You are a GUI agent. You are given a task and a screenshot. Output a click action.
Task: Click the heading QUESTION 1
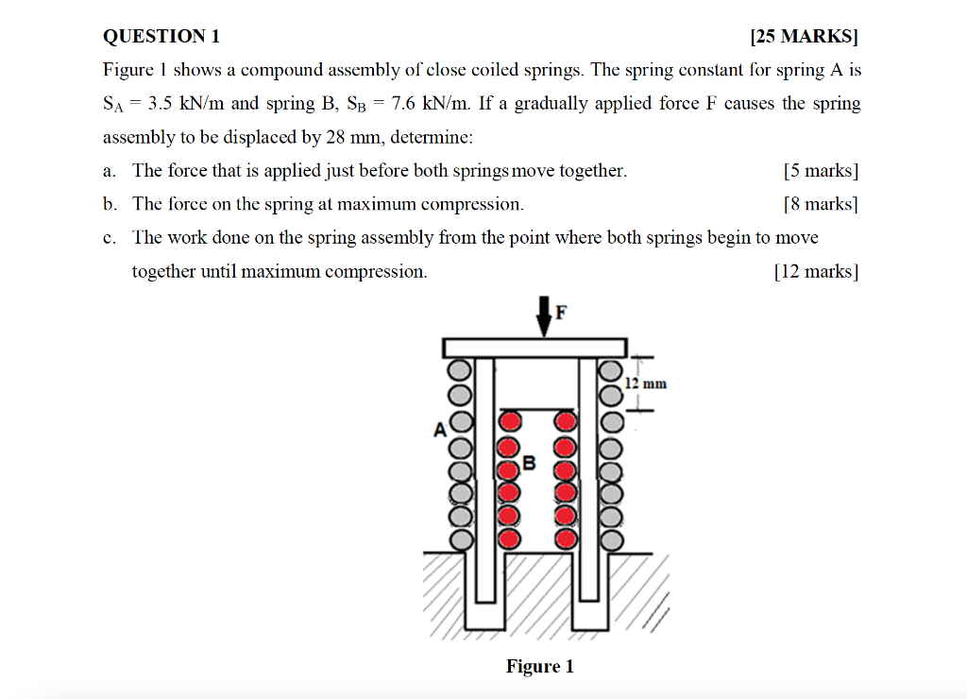pos(161,37)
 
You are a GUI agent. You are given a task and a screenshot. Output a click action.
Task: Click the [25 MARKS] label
pos(804,37)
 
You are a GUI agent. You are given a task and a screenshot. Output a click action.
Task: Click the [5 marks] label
pos(821,171)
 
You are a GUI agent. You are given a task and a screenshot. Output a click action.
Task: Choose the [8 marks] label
pos(821,204)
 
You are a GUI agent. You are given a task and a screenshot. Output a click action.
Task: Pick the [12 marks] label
pos(816,272)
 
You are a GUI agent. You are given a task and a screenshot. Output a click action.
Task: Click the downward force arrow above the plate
pos(545,315)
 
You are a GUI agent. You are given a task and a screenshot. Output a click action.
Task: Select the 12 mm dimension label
pos(647,384)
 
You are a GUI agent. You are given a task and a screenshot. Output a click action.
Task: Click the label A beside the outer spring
pos(439,431)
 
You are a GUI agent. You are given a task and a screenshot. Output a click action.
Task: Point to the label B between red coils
pos(529,463)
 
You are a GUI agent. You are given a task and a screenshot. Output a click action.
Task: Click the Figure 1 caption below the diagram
pos(539,667)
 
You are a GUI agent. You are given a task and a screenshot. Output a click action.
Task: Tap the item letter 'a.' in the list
pos(110,171)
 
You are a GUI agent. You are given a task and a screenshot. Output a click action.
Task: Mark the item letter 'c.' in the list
pos(110,238)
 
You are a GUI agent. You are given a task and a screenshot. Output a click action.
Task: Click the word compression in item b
pos(471,204)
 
